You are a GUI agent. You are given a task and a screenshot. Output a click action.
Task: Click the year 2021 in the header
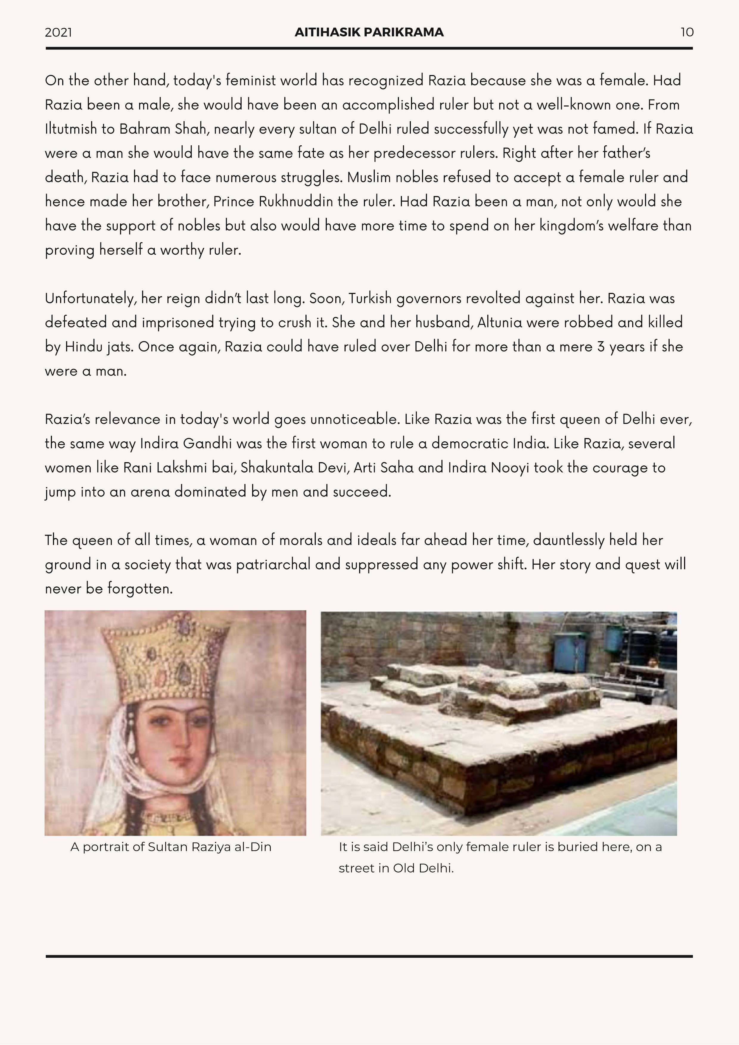click(x=58, y=32)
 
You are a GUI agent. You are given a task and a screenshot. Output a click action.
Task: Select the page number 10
click(x=687, y=32)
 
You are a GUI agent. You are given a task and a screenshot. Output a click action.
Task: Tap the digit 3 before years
click(x=601, y=347)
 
